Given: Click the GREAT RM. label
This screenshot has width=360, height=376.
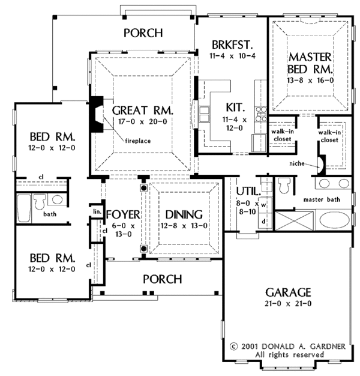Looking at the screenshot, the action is click(x=143, y=111).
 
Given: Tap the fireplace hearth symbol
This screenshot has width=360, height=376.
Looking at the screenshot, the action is click(x=96, y=114).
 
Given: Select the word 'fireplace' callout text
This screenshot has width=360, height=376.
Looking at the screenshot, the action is click(x=138, y=141).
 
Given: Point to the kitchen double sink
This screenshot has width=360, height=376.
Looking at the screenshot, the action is click(x=205, y=114).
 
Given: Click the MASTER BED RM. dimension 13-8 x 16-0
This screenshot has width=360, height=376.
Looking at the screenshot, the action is click(x=310, y=80).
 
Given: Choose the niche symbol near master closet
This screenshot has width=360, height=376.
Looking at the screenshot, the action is click(x=322, y=164).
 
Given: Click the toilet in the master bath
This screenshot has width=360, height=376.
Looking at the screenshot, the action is click(x=284, y=186).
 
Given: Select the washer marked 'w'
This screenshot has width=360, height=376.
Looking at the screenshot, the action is click(x=263, y=205).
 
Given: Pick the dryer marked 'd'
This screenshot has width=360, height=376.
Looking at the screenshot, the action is click(x=263, y=221).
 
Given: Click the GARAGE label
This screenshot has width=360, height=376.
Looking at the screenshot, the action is click(x=288, y=293).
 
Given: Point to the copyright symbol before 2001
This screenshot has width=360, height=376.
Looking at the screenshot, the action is click(x=234, y=347).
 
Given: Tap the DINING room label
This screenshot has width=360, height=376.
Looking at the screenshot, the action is click(x=184, y=214).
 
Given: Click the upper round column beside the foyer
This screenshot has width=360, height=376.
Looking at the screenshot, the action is click(x=144, y=188).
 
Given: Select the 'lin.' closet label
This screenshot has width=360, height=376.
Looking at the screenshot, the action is click(x=97, y=212).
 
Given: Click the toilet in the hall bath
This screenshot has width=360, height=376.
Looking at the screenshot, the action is click(x=40, y=201).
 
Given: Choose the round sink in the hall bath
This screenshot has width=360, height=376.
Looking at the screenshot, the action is click(x=57, y=199).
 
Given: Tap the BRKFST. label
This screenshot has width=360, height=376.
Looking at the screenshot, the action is click(x=232, y=45).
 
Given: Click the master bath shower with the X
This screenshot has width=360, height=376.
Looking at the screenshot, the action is click(x=294, y=220).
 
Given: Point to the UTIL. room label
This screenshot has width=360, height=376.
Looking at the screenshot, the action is click(x=248, y=192).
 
